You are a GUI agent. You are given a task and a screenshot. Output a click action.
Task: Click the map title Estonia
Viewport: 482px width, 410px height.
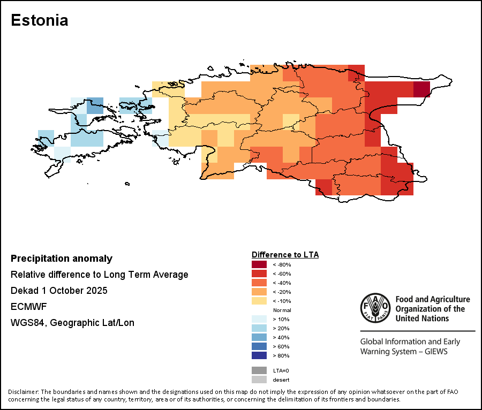click(40, 20)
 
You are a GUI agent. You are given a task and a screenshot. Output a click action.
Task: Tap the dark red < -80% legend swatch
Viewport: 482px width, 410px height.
click(259, 264)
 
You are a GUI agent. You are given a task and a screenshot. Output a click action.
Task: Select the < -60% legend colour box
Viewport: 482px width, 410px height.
click(259, 274)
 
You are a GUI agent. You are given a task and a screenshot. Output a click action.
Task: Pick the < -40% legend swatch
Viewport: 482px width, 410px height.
click(259, 283)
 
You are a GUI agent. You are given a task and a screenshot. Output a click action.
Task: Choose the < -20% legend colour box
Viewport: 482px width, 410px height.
click(259, 292)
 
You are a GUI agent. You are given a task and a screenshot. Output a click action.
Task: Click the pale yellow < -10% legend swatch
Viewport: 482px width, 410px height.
click(259, 301)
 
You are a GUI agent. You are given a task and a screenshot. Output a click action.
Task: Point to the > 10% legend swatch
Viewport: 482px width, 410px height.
click(259, 319)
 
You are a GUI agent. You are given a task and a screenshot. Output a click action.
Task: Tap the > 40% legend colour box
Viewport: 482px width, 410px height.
click(259, 337)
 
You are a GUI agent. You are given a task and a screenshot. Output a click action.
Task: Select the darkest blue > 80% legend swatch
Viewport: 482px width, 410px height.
click(259, 355)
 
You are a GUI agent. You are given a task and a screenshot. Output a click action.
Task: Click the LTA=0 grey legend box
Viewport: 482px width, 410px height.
click(259, 370)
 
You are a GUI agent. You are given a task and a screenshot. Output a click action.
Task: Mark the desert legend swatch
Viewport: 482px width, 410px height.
click(259, 379)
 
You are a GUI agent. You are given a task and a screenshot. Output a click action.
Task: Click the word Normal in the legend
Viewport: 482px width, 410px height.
click(282, 310)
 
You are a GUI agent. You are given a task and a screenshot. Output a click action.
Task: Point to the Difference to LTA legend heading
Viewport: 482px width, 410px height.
click(285, 255)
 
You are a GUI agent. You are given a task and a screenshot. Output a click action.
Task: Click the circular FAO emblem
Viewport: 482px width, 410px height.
click(374, 308)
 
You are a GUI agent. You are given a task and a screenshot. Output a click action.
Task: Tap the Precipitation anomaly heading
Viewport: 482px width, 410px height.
click(62, 259)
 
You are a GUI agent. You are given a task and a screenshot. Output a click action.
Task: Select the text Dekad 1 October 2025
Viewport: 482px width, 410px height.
click(59, 291)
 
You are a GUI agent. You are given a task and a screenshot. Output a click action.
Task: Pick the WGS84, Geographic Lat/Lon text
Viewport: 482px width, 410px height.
click(72, 323)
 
